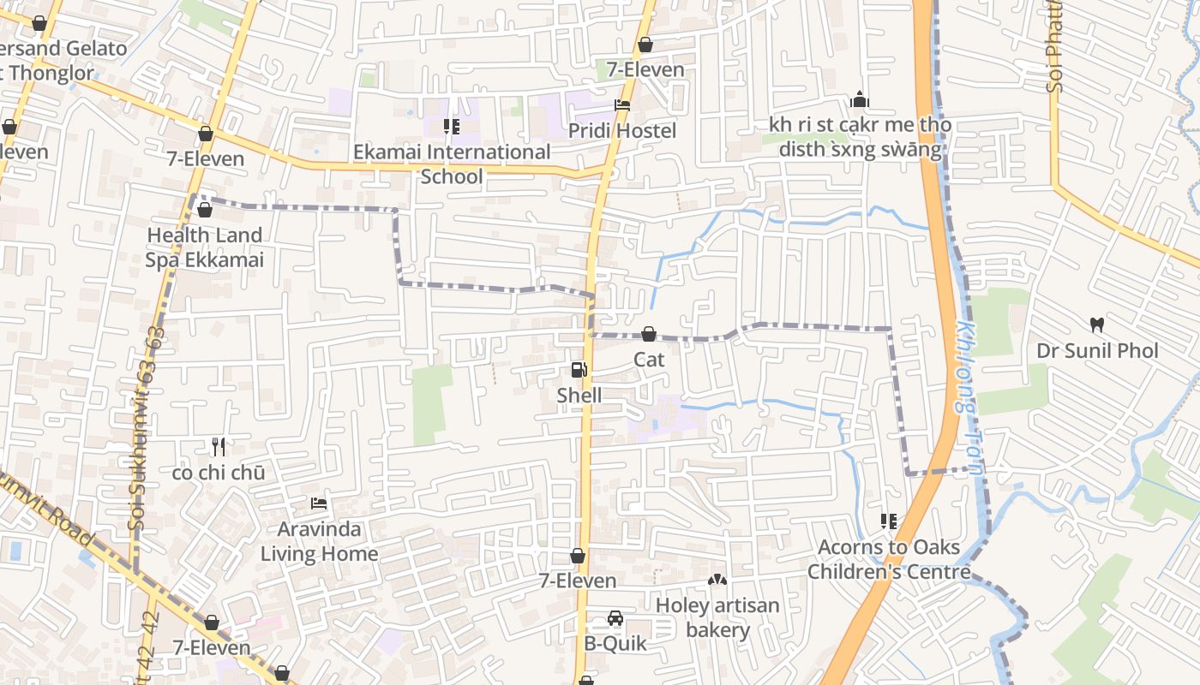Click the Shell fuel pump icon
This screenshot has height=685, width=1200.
pos(579,370)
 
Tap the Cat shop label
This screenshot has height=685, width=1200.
pos(649,360)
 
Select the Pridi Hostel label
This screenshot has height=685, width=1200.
pos(622,131)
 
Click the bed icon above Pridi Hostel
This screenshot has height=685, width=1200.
pos(622,105)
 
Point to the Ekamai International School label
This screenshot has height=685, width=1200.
pos(452,164)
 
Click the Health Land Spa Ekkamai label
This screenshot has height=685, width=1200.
pos(204,247)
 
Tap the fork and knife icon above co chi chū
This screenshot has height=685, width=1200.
pos(219,447)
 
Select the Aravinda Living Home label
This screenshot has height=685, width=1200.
pos(319,542)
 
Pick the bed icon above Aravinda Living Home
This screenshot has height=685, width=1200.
pos(319,503)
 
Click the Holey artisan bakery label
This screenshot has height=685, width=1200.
pos(717,618)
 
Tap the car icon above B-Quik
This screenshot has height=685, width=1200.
pos(615,618)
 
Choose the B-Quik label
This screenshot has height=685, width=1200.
pos(615,643)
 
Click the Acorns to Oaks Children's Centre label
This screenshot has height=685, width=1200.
pos(889,559)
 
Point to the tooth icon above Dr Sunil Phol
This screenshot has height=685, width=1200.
pos(1096,325)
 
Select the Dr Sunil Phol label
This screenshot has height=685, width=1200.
pos(1096,351)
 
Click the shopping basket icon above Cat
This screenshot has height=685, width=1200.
pos(649,334)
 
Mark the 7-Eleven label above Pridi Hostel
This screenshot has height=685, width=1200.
pos(645,70)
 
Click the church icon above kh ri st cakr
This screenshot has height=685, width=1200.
pos(860,100)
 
